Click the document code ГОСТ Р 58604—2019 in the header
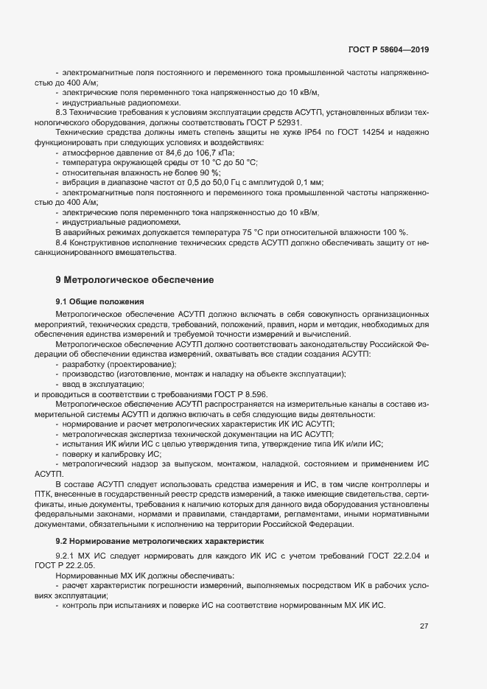pyautogui.click(x=388, y=49)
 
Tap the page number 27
pyautogui.click(x=424, y=626)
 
